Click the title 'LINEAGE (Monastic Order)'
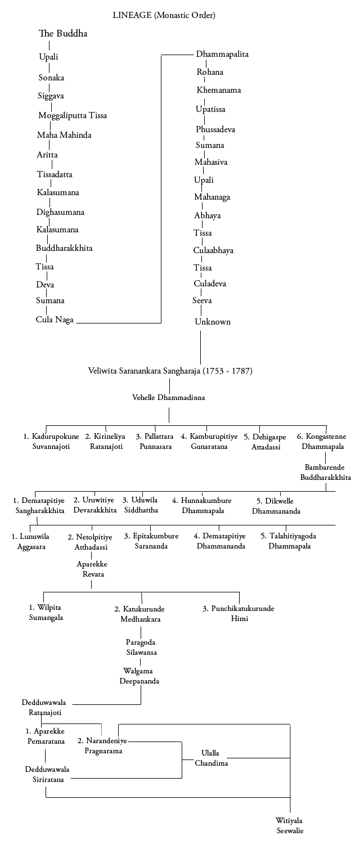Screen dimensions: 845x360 164,15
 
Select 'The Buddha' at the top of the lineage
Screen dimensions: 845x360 63,34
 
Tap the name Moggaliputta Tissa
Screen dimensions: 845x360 73,116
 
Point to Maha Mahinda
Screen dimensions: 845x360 64,135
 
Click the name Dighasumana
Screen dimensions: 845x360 61,212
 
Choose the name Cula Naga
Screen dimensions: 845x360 55,320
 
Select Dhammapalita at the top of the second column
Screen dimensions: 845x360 222,55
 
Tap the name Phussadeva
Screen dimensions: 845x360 215,129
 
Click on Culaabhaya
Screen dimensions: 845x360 214,250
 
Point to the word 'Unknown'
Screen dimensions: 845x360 213,322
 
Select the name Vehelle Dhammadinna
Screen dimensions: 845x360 169,398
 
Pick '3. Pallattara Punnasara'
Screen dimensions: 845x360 154,441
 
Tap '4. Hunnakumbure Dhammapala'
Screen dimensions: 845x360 202,505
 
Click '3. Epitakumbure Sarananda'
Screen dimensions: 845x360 151,541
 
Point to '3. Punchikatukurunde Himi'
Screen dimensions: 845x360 239,613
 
